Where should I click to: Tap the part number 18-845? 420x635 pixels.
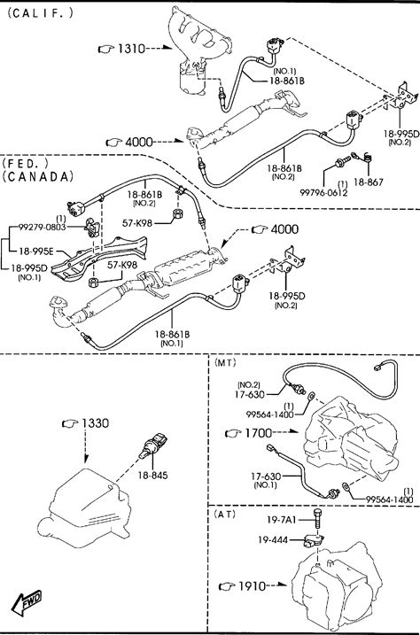pyautogui.click(x=152, y=475)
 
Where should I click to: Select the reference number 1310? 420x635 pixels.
pyautogui.click(x=131, y=49)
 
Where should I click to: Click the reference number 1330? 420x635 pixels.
pyautogui.click(x=96, y=423)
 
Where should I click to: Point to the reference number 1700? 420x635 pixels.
pyautogui.click(x=259, y=433)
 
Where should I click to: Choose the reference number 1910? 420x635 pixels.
pyautogui.click(x=252, y=586)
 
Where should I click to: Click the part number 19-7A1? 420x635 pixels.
pyautogui.click(x=282, y=520)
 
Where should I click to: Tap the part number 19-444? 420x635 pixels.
pyautogui.click(x=273, y=540)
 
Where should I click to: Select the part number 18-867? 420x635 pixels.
pyautogui.click(x=368, y=182)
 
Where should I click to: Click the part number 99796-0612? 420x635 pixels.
pyautogui.click(x=323, y=193)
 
